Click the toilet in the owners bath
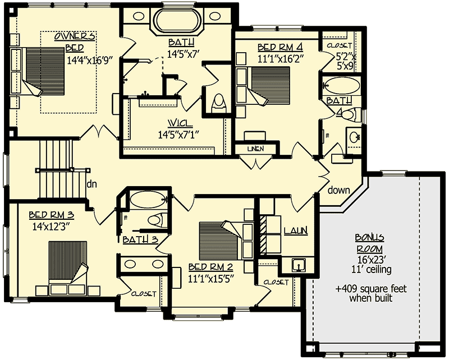[x=218, y=101]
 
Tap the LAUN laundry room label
[x=295, y=230]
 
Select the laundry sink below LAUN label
[x=297, y=264]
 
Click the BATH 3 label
[x=140, y=240]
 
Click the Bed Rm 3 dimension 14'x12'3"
[x=52, y=227]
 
